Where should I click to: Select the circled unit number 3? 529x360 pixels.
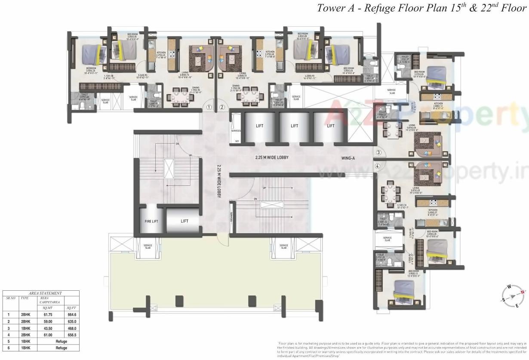pyautogui.click(x=378, y=152)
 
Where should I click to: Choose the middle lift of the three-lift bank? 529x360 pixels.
pyautogui.click(x=294, y=126)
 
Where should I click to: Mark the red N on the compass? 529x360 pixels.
pyautogui.click(x=523, y=292)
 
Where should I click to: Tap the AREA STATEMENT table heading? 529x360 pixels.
pyautogui.click(x=41, y=293)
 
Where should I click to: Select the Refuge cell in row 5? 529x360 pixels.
pyautogui.click(x=61, y=341)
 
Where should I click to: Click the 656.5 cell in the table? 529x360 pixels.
pyautogui.click(x=71, y=335)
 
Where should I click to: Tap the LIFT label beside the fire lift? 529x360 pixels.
pyautogui.click(x=184, y=221)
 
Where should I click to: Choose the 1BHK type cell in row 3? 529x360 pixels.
pyautogui.click(x=26, y=328)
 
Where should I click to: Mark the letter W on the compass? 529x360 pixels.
pyautogui.click(x=509, y=286)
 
